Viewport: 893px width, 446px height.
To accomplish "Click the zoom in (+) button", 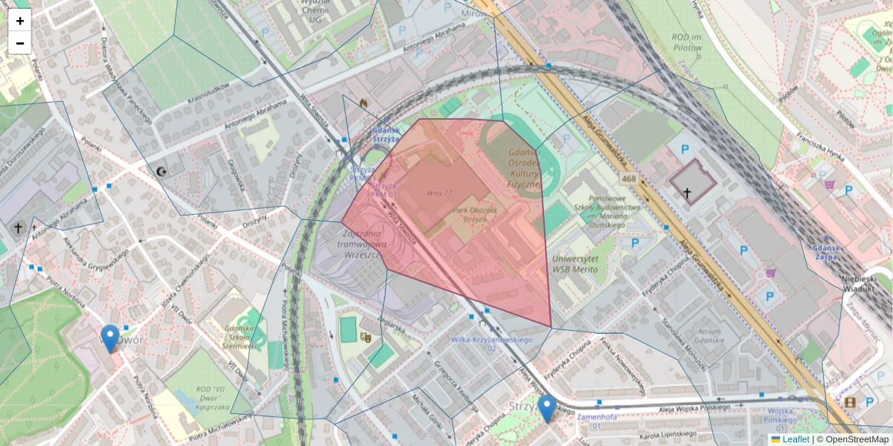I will point(20,21).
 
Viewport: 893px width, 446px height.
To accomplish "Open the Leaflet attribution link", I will point(795,439).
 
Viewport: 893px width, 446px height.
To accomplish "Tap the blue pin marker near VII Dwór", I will point(110,338).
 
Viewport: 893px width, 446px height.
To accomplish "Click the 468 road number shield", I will point(630,179).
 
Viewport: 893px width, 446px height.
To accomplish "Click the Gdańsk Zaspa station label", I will point(830,253).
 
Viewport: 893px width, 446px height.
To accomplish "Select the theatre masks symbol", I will point(365,336).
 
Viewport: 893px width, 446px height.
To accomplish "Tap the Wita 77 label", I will point(439,193).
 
